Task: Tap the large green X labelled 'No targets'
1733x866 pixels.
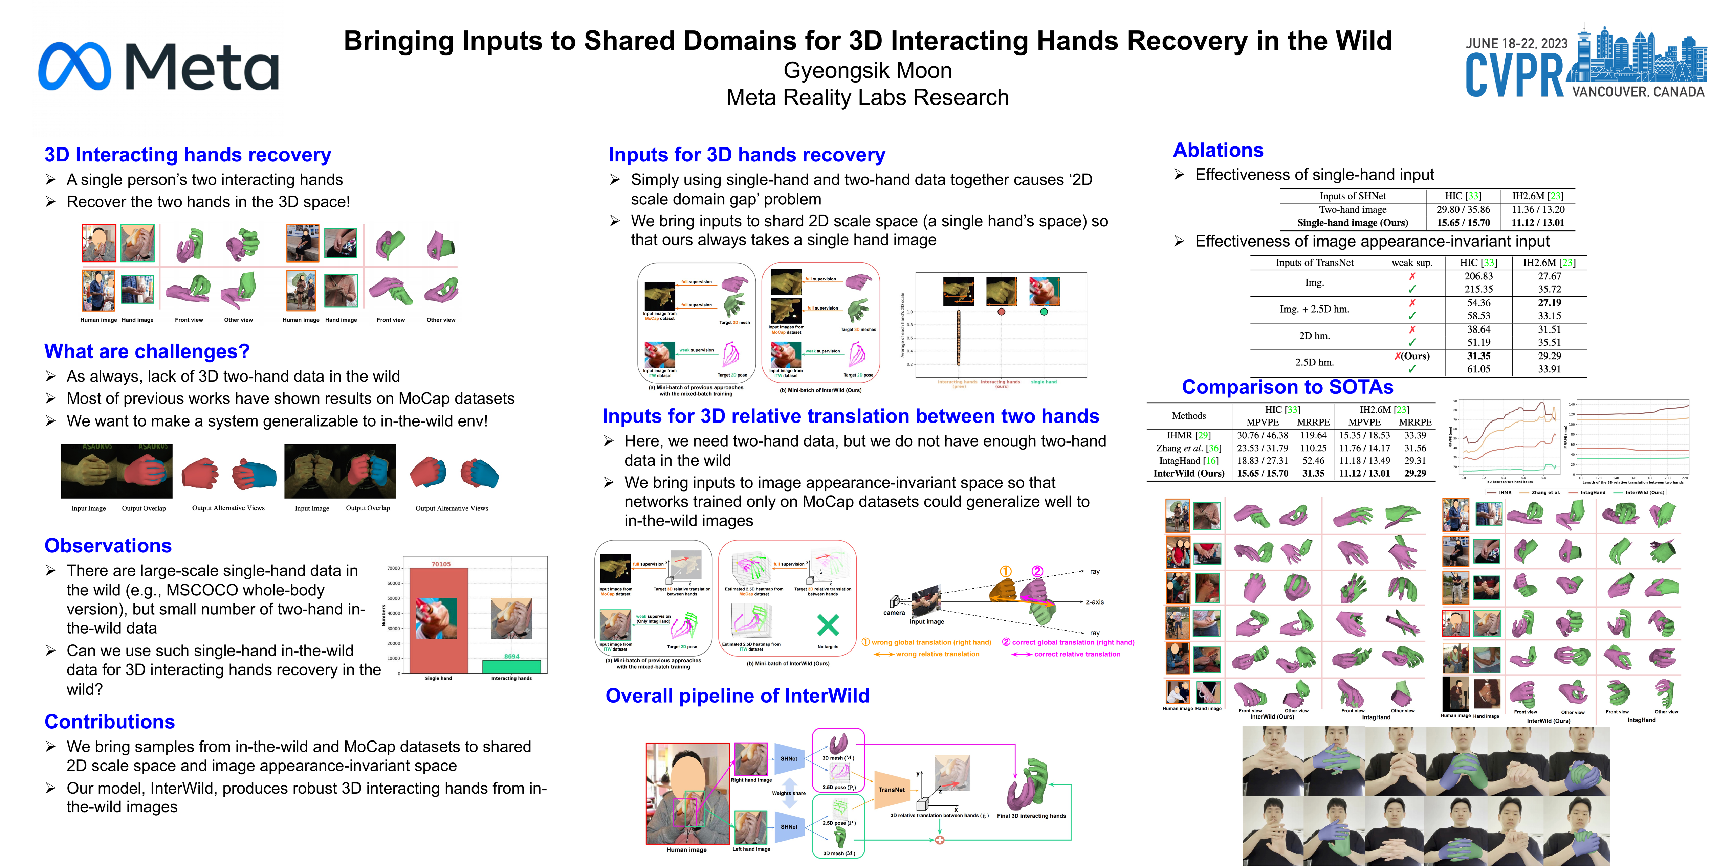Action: point(828,625)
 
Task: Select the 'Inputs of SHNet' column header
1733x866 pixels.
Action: point(1352,196)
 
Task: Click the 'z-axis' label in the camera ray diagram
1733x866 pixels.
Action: point(1095,602)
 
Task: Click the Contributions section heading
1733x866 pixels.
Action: point(110,722)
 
